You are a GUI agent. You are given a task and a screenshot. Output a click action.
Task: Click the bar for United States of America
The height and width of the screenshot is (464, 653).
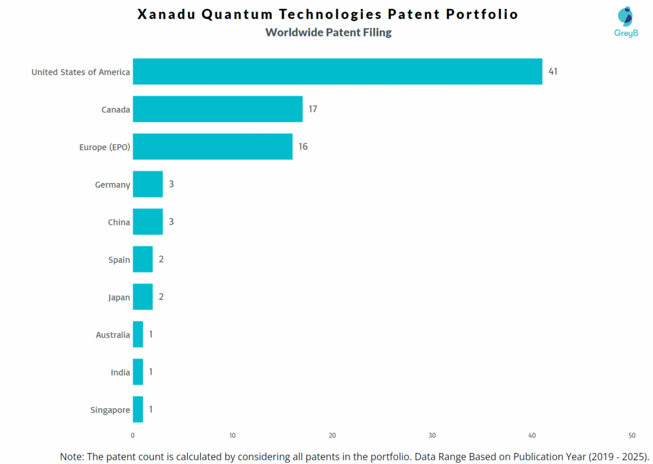pos(337,71)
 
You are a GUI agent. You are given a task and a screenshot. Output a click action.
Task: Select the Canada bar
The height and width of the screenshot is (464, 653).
pos(217,109)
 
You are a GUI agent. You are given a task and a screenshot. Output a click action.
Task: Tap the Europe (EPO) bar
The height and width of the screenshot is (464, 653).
pos(212,147)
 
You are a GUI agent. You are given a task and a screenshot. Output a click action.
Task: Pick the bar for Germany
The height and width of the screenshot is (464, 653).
pos(147,184)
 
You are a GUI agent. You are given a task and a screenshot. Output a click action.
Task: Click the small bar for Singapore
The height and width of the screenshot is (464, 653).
pos(138,410)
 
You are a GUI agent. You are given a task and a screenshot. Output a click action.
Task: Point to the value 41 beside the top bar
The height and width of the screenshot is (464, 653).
pos(553,71)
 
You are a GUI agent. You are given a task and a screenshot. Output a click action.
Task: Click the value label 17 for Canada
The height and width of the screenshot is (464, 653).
pos(313,109)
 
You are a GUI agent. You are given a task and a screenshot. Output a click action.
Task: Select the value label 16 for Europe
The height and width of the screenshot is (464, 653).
pos(303,147)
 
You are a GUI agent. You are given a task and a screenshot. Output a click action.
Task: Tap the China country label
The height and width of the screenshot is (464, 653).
pos(119,222)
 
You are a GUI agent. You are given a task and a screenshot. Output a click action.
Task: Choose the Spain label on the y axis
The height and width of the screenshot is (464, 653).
pos(119,260)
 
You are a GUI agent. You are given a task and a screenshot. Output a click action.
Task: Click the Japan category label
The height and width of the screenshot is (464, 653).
pos(119,297)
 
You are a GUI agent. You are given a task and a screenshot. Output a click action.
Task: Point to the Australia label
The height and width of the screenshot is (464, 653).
pos(113,335)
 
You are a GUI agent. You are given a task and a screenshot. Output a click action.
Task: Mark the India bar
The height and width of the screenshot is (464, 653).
pos(138,372)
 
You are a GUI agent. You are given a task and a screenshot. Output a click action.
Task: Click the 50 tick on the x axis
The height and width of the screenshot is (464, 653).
pos(631,435)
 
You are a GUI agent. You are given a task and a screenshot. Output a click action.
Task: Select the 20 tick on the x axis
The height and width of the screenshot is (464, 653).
pos(332,435)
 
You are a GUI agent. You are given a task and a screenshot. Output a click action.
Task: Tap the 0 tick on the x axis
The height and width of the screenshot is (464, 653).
pos(133,435)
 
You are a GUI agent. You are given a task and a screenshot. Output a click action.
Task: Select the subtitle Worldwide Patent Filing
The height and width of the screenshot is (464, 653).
pos(328,32)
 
